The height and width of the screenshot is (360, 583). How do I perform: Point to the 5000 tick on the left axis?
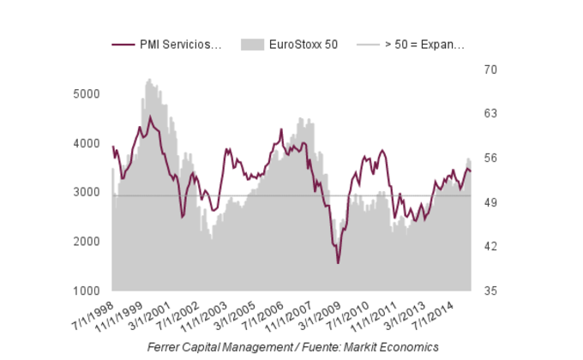point(87,93)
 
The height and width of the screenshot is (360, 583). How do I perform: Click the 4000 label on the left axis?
point(87,143)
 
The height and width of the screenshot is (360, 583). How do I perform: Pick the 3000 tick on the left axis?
point(87,192)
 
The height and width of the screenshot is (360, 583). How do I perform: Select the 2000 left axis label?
point(87,242)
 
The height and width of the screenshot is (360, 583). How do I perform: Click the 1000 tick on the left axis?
point(87,291)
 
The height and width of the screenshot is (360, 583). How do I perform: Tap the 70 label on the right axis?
point(490,69)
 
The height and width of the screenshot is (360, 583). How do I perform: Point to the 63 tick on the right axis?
point(490,113)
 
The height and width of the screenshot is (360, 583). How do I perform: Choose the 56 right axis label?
point(490,158)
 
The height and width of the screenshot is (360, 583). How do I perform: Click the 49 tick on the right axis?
point(490,202)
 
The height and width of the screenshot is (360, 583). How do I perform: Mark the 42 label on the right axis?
point(490,247)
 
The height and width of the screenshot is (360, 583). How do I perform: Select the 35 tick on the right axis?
point(490,291)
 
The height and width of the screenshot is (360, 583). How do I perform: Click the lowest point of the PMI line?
point(338,263)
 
